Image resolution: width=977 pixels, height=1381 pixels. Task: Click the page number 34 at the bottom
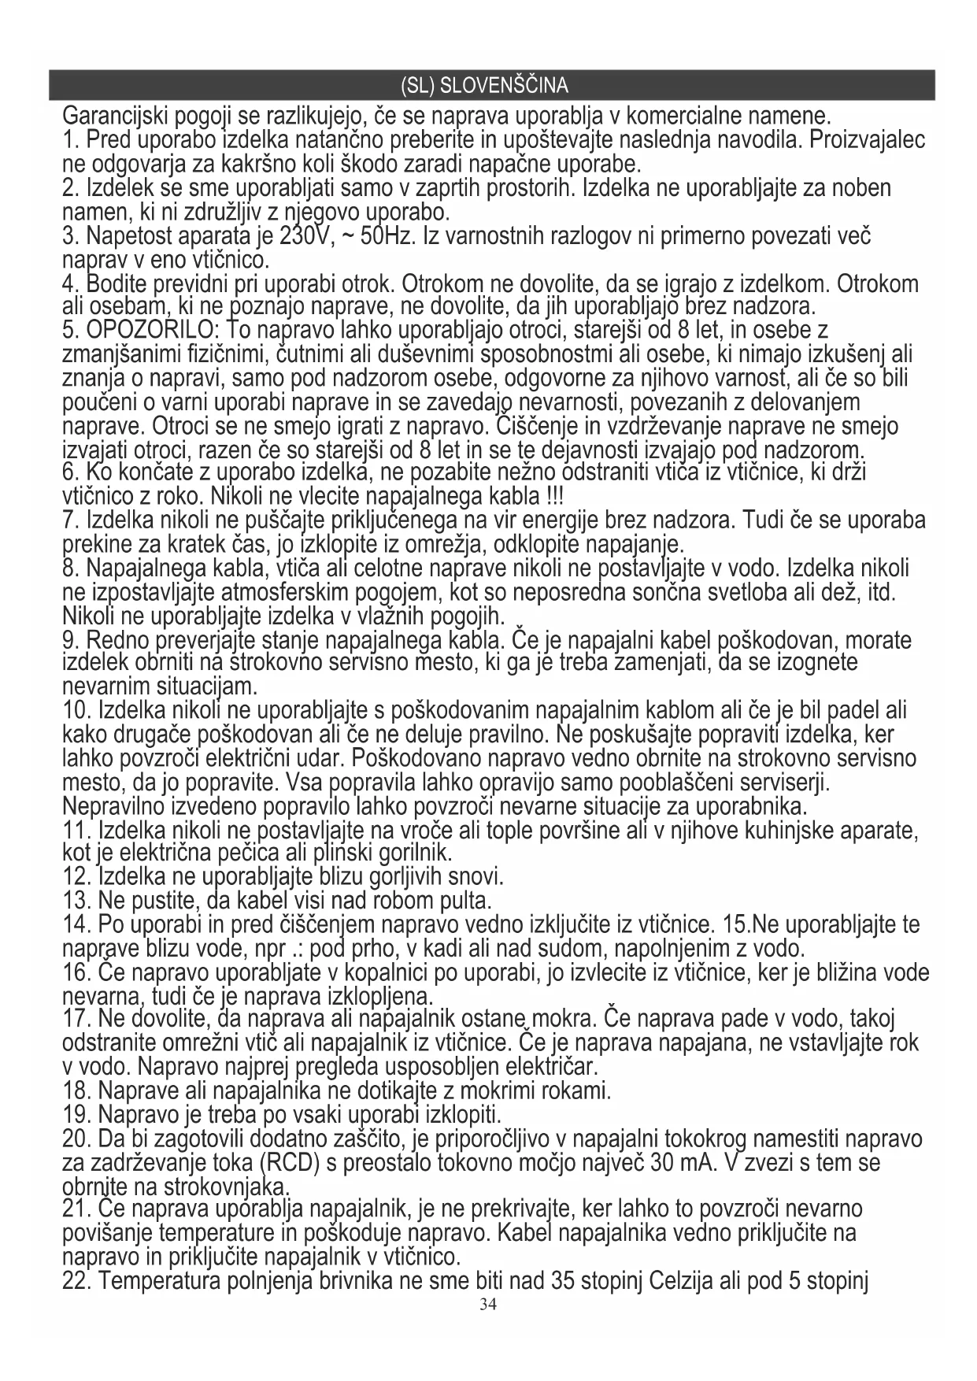(488, 1305)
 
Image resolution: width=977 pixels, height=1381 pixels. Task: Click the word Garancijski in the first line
(116, 117)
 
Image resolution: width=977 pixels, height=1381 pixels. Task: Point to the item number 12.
(76, 876)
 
